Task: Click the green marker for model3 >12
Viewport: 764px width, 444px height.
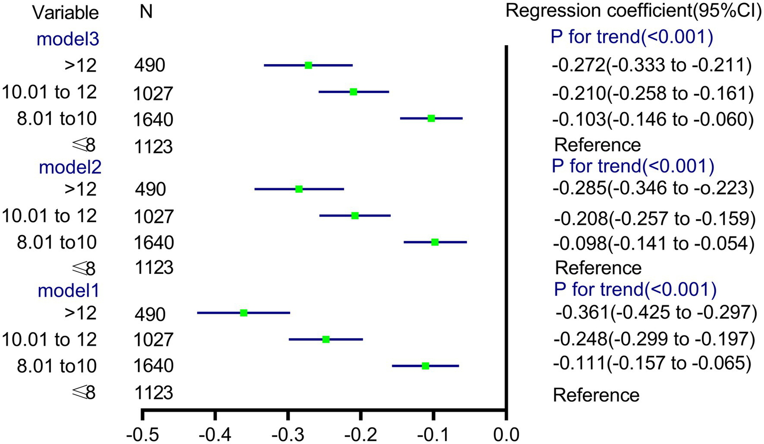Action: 309,65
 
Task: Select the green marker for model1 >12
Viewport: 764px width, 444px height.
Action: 244,313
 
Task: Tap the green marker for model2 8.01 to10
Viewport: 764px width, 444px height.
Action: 435,242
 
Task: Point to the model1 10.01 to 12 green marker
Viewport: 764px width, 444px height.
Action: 326,339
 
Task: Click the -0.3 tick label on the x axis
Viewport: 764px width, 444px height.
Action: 287,434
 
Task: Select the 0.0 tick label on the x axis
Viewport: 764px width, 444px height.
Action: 506,434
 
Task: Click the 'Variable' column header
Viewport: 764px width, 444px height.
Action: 65,12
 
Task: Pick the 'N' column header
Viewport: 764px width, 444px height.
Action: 146,11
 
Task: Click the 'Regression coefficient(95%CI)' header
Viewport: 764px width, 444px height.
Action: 634,11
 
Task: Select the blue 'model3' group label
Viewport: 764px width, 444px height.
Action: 68,39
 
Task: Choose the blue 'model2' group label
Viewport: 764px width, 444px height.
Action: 70,167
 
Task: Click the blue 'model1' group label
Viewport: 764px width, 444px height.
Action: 69,290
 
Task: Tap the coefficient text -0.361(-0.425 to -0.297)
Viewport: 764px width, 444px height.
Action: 656,312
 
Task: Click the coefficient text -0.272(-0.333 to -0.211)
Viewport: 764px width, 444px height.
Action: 652,65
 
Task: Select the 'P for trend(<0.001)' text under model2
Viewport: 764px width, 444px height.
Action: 633,166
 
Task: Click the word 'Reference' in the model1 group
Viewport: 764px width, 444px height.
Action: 596,395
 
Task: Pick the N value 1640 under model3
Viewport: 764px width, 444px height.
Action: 153,119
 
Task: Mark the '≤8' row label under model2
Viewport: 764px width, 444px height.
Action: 83,268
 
